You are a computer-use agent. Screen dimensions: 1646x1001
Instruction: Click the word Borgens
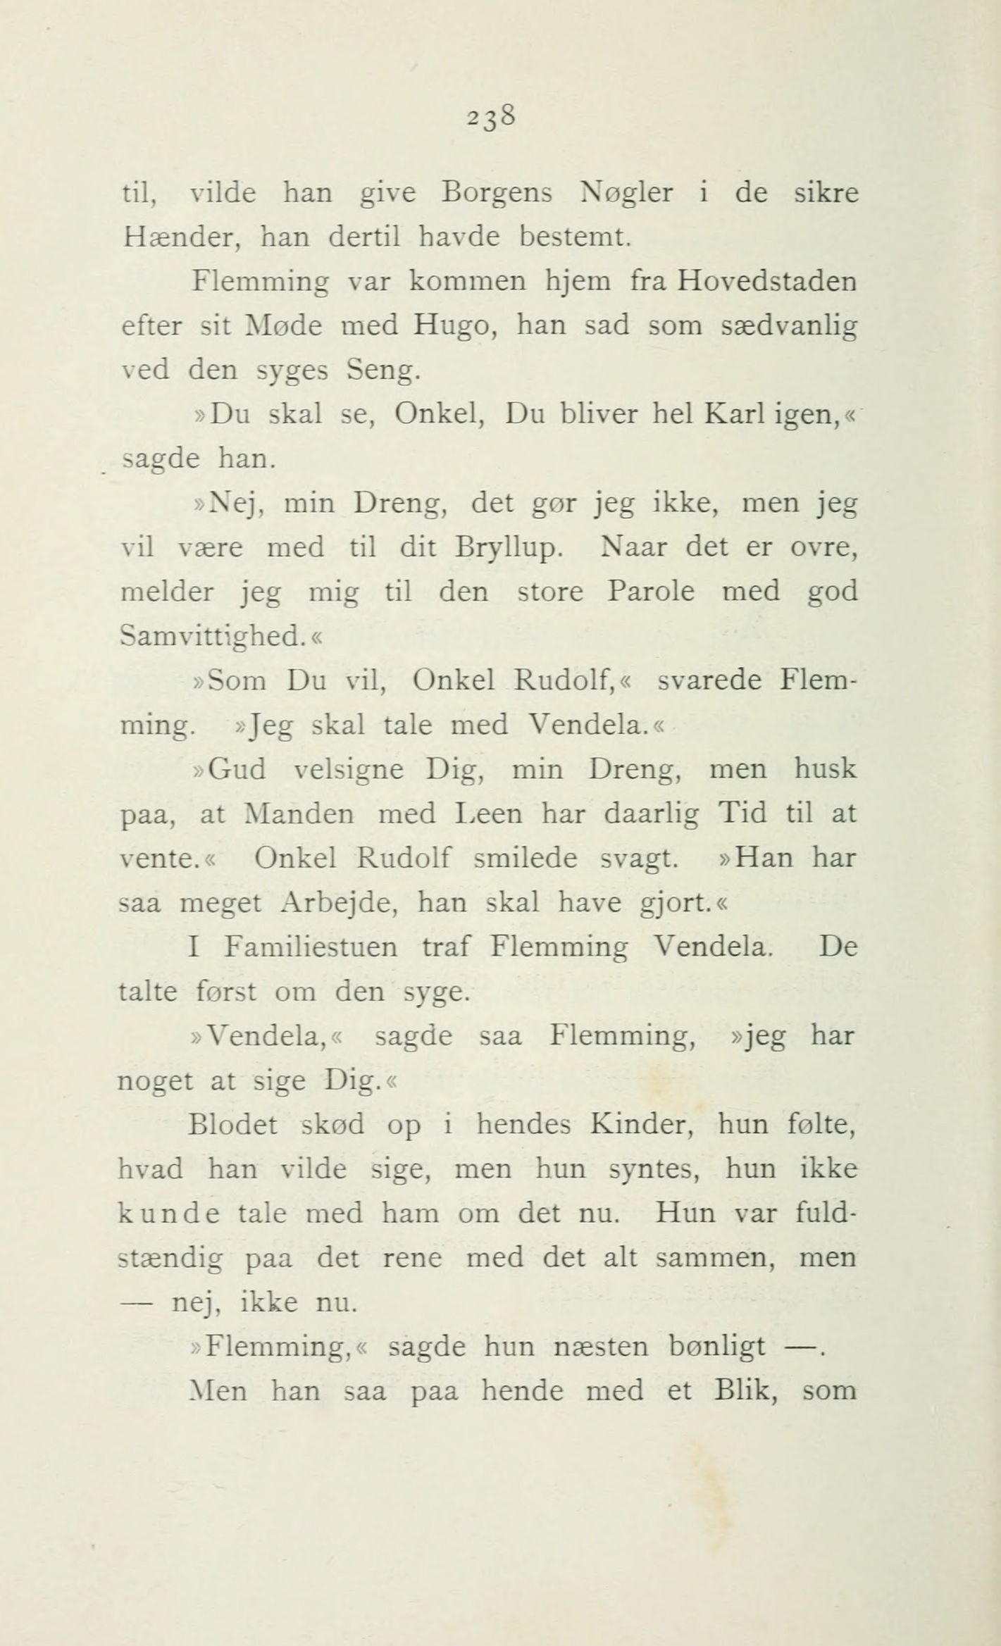pyautogui.click(x=496, y=194)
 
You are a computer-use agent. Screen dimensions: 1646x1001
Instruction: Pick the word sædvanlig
pyautogui.click(x=789, y=326)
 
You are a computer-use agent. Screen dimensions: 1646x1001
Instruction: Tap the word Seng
pyautogui.click(x=384, y=370)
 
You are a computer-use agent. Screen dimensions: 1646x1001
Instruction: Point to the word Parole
pyautogui.click(x=650, y=591)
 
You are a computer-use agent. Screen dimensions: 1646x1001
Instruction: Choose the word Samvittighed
pyautogui.click(x=213, y=636)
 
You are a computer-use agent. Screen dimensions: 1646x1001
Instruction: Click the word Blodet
pyautogui.click(x=234, y=1125)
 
